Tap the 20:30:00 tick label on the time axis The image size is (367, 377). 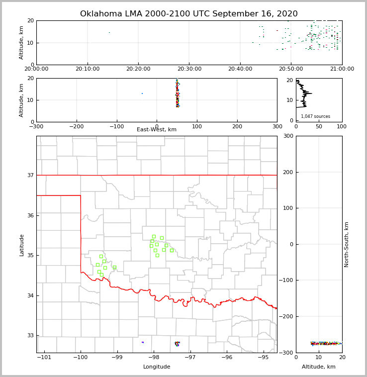pyautogui.click(x=189, y=69)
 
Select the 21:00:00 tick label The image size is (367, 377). pyautogui.click(x=342, y=69)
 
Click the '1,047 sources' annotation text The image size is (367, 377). pyautogui.click(x=315, y=116)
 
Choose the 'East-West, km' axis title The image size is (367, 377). pyautogui.click(x=157, y=130)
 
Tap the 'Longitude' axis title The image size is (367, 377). pyautogui.click(x=157, y=367)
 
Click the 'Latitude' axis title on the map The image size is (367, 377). pyautogui.click(x=21, y=245)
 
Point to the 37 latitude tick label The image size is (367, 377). pyautogui.click(x=30, y=176)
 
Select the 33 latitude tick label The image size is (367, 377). pyautogui.click(x=30, y=336)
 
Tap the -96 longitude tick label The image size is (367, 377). pyautogui.click(x=227, y=357)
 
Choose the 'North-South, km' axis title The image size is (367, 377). pyautogui.click(x=347, y=244)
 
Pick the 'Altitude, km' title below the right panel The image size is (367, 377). pyautogui.click(x=319, y=367)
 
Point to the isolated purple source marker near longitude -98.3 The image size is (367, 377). pyautogui.click(x=143, y=342)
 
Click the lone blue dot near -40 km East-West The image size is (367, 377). pyautogui.click(x=142, y=94)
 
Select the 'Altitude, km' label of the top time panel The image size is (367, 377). pyautogui.click(x=21, y=42)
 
